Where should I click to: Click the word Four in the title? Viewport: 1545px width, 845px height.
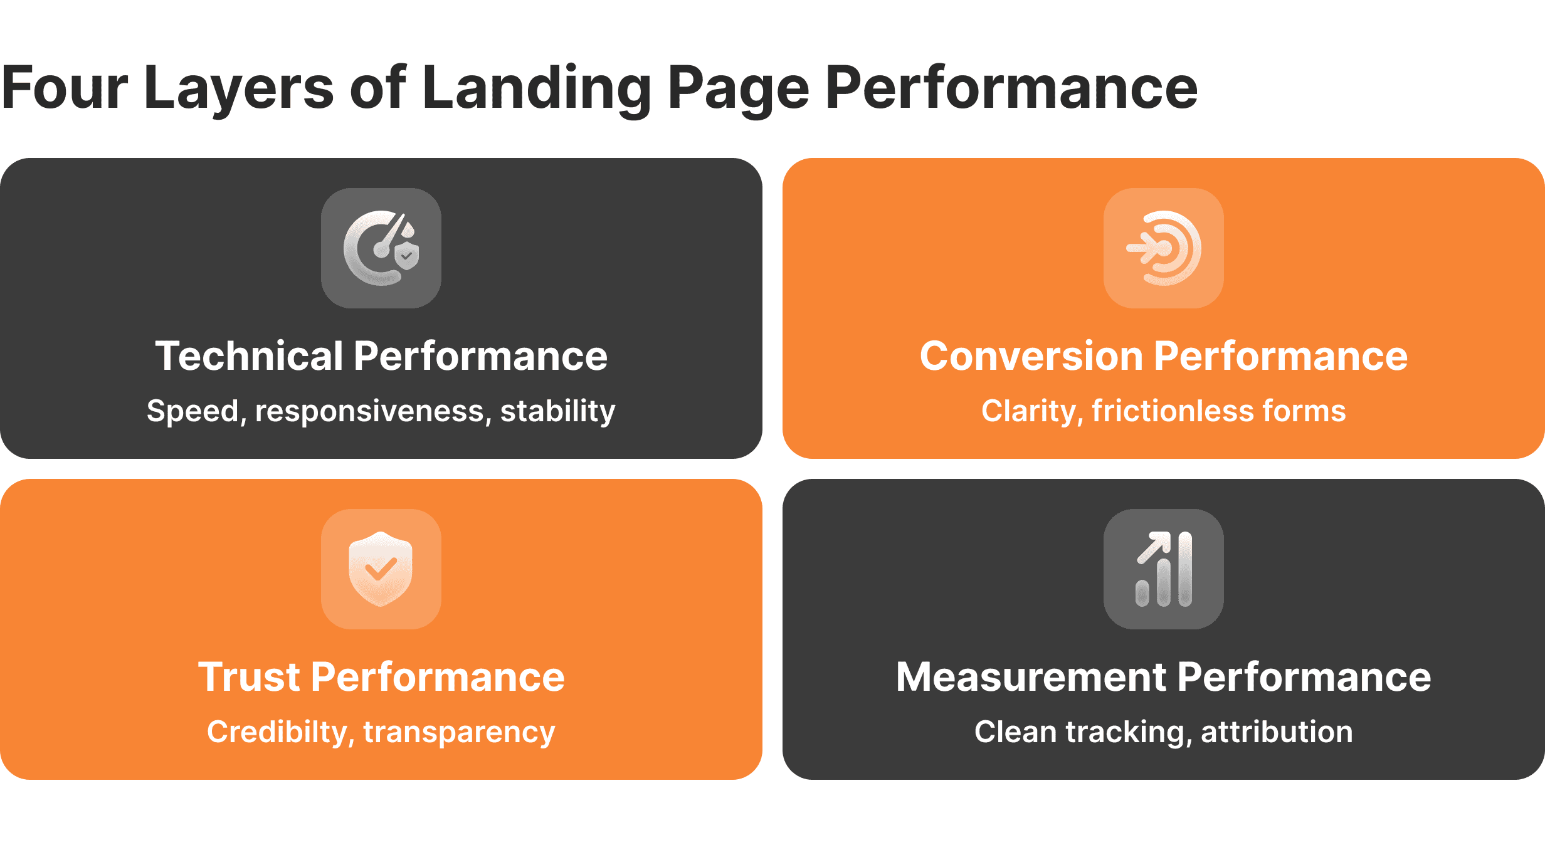(65, 88)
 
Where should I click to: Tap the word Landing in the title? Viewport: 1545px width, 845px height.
(537, 88)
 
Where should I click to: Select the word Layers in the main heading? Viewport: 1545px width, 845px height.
(238, 88)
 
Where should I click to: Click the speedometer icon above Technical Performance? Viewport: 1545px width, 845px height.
(381, 248)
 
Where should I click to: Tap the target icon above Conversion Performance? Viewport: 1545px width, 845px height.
(1164, 248)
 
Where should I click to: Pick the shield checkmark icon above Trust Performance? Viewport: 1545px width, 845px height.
(381, 569)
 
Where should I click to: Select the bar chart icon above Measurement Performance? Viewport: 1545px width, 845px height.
(1164, 569)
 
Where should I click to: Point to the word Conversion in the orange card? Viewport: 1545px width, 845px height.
(1032, 356)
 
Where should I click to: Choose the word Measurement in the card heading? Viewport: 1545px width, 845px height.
(1032, 677)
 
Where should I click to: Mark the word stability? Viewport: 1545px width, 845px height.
(557, 411)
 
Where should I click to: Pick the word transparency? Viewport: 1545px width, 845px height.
(459, 732)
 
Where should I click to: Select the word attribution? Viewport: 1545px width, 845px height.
(1277, 732)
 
